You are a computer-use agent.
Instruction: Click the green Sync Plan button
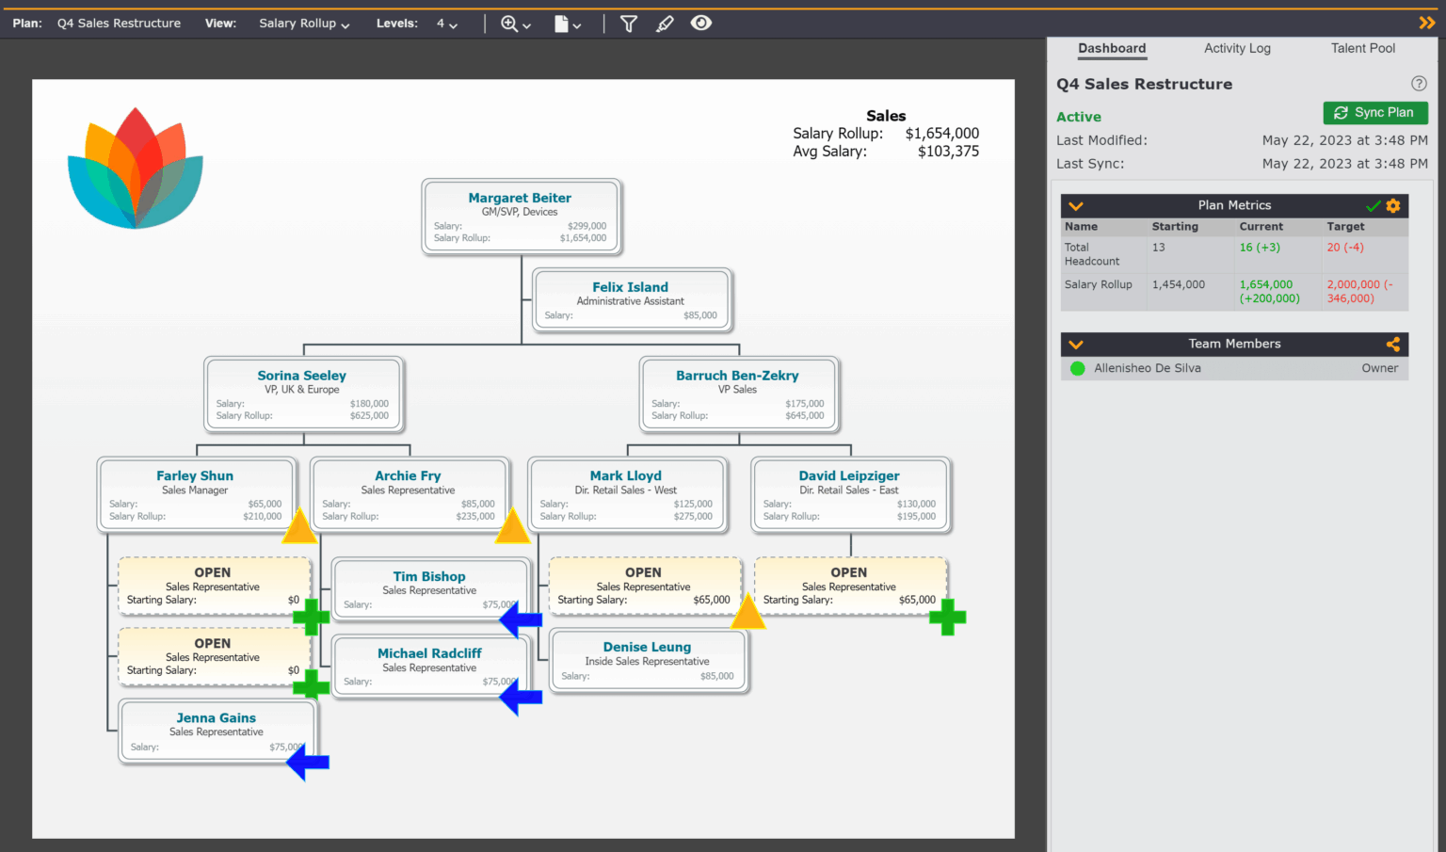[1374, 113]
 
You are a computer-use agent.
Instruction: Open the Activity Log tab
[1237, 48]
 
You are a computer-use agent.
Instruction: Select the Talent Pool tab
[1362, 48]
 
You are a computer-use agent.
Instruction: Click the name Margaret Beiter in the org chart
[520, 198]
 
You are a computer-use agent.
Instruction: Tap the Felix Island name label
[630, 287]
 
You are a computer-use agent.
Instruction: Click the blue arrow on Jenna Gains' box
[308, 762]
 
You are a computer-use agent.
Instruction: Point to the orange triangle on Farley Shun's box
[299, 527]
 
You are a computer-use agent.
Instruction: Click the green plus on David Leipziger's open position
[947, 618]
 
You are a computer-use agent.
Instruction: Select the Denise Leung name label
[647, 647]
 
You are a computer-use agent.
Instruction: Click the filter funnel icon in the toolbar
[629, 24]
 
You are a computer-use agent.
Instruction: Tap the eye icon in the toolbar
[700, 24]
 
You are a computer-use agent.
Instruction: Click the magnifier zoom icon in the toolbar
[509, 24]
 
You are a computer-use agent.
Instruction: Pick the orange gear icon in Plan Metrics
[1393, 205]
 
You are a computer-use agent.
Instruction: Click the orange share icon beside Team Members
[1393, 344]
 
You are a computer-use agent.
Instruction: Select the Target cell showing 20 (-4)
[1344, 248]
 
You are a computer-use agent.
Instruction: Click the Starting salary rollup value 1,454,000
[1178, 284]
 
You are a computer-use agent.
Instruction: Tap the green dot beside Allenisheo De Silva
[1078, 368]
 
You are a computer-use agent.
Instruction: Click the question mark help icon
[1419, 84]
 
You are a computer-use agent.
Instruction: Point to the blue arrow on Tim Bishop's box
[521, 619]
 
